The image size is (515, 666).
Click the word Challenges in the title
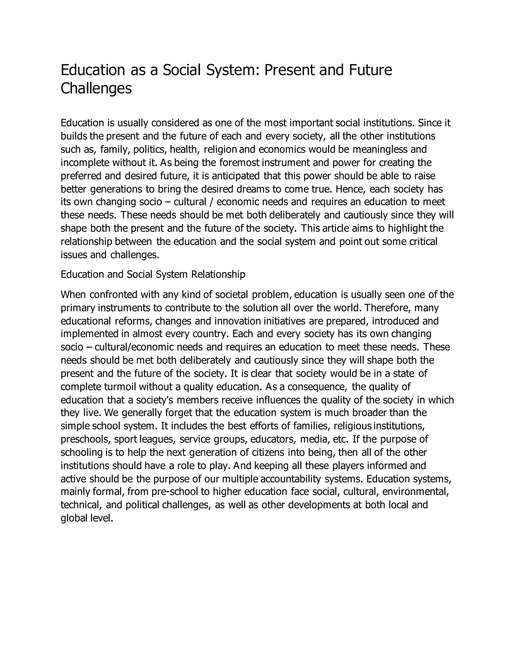(x=96, y=88)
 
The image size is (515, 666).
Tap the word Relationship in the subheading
(x=218, y=274)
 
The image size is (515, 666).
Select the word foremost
(x=239, y=163)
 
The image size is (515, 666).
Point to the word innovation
(x=236, y=321)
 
